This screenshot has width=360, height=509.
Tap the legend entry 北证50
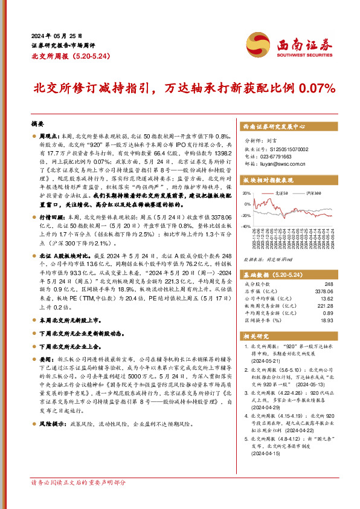283,192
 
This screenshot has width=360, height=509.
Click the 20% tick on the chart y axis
247,193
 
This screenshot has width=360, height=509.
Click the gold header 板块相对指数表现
268,180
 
